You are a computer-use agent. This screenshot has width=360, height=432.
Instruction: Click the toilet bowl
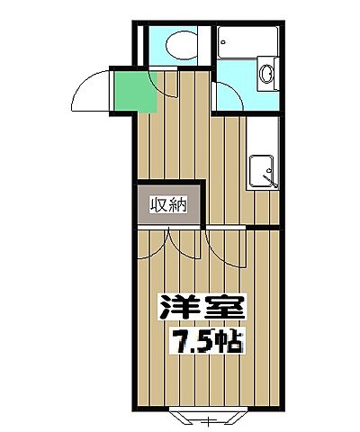[x=176, y=44]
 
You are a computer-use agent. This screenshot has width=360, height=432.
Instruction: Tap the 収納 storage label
[x=168, y=205]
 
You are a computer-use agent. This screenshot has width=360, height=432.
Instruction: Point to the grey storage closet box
[x=168, y=205]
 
